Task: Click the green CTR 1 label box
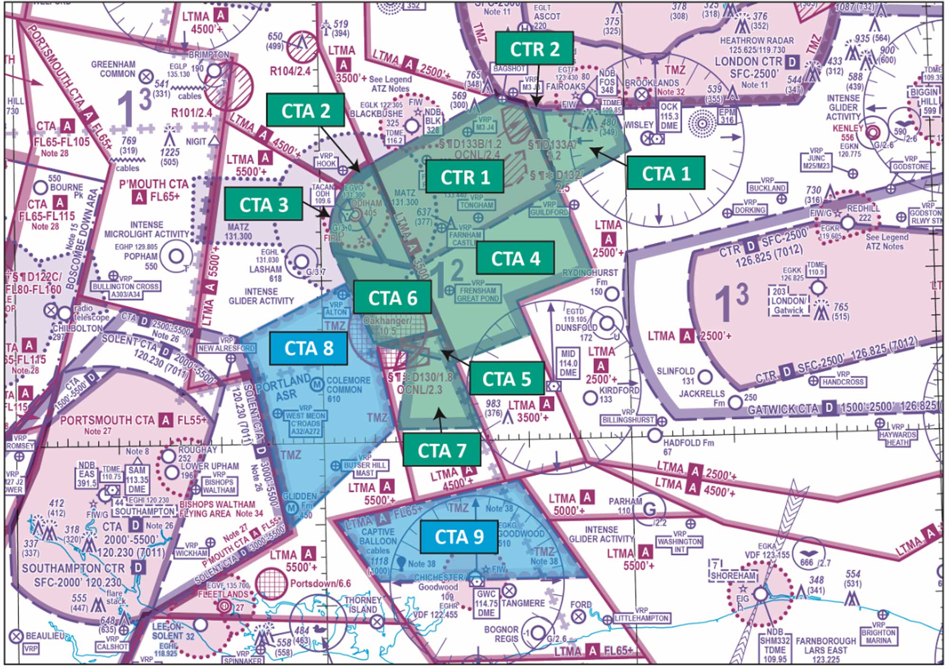[x=465, y=177]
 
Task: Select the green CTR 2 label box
[x=534, y=49]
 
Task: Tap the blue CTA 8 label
[x=308, y=348]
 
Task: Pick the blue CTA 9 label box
[x=459, y=537]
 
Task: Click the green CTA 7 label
[x=441, y=450]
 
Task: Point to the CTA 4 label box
[x=515, y=259]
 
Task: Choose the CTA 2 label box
[x=306, y=111]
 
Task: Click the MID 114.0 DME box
[x=568, y=363]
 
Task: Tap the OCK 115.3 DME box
[x=669, y=116]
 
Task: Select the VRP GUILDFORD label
[x=549, y=209]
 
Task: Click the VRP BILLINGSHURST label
[x=628, y=419]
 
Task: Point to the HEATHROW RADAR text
[x=756, y=41]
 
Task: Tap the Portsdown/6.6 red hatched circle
[x=271, y=583]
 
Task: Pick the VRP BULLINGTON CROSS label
[x=125, y=289]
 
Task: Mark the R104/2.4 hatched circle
[x=302, y=47]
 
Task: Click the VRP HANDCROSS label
[x=843, y=381]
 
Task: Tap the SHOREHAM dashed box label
[x=733, y=575]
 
